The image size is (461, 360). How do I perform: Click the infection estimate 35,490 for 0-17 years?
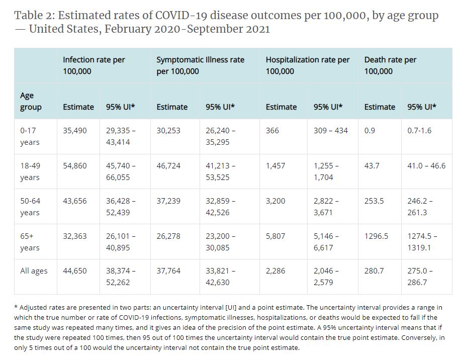[x=74, y=131]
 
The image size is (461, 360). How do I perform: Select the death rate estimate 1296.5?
[x=376, y=236]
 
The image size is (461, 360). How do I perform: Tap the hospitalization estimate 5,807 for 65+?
[x=275, y=236]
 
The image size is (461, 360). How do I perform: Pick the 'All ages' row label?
[x=34, y=271]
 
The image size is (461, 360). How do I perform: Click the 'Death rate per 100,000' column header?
[x=390, y=65]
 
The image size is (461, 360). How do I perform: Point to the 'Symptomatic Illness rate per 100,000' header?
[x=200, y=65]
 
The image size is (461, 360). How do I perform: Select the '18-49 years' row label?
[x=30, y=171]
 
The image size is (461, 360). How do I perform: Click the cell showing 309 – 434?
[x=330, y=131]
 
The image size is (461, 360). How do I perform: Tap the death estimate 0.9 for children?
[x=370, y=131]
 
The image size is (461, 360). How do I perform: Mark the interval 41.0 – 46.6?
[x=426, y=166]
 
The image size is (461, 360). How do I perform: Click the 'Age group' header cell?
[x=30, y=101]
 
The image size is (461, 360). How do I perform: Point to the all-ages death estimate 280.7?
[x=374, y=271]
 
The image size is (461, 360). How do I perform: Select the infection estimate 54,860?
[x=74, y=166]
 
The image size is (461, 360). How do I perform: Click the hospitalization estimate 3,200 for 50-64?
[x=275, y=201]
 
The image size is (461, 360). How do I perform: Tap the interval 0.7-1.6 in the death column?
[x=419, y=131]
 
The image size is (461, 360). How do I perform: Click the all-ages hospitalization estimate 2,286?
[x=275, y=271]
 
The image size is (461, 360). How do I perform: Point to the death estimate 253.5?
[x=374, y=201]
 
